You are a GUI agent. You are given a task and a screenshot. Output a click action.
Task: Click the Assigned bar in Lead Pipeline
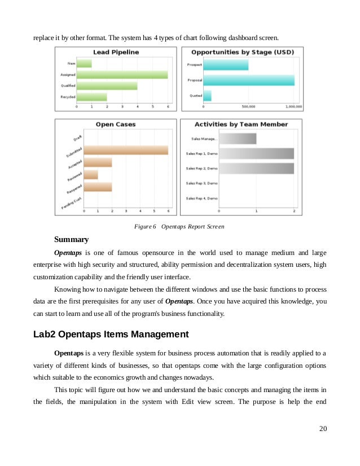click(122, 74)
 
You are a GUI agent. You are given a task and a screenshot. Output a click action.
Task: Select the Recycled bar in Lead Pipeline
click(91, 97)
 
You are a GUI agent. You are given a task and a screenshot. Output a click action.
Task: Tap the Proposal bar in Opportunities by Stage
click(248, 80)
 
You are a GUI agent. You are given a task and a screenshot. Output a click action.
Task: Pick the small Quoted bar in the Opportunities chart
click(207, 95)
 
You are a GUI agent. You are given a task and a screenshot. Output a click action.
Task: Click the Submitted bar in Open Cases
click(126, 150)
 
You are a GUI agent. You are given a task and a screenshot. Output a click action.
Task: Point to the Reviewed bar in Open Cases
click(91, 174)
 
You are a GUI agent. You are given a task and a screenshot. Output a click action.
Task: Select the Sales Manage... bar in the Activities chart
click(237, 138)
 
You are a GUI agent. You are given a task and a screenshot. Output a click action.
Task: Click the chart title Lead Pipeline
click(116, 52)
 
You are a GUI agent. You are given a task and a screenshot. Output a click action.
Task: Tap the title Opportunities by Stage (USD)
click(242, 52)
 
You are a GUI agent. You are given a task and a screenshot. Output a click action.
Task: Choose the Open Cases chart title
click(115, 124)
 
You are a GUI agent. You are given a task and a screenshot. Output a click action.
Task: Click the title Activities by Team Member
click(241, 124)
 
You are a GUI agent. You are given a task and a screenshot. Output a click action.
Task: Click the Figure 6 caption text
click(179, 226)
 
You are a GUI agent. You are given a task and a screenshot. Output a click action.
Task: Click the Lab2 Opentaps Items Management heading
click(111, 334)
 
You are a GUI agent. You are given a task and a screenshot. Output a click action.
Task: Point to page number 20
click(323, 429)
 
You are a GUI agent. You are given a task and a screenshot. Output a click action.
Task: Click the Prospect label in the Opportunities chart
click(194, 65)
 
